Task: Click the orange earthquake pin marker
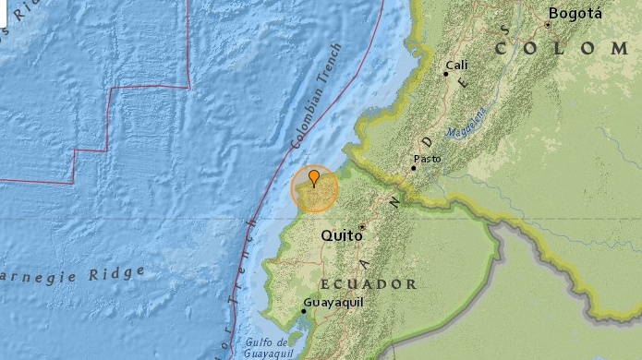pyautogui.click(x=314, y=177)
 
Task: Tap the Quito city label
pyautogui.click(x=339, y=236)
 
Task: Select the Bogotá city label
pyautogui.click(x=575, y=13)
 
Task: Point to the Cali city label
pyautogui.click(x=457, y=66)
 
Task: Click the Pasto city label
pyautogui.click(x=427, y=159)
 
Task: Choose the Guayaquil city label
pyautogui.click(x=333, y=302)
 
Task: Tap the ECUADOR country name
pyautogui.click(x=368, y=283)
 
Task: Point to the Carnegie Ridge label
pyautogui.click(x=74, y=273)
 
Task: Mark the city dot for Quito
pyautogui.click(x=362, y=226)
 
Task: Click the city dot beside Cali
pyautogui.click(x=445, y=74)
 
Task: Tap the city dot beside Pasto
pyautogui.click(x=413, y=168)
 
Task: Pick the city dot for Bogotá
pyautogui.click(x=547, y=24)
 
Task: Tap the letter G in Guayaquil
pyautogui.click(x=307, y=302)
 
